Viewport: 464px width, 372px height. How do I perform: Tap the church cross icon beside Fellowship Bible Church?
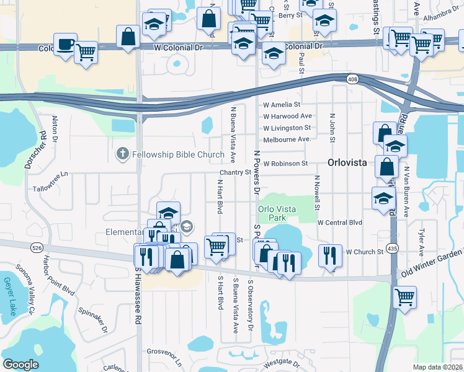tap(123, 154)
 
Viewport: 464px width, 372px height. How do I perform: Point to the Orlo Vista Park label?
tap(275, 213)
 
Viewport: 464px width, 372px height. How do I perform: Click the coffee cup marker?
tap(65, 45)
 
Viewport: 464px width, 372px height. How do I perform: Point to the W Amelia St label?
tap(282, 105)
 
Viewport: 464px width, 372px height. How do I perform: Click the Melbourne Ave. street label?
tap(287, 139)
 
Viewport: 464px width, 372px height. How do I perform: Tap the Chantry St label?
tap(234, 172)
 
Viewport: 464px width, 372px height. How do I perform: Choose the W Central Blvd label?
tap(339, 222)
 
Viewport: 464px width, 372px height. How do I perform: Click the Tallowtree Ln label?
tap(53, 187)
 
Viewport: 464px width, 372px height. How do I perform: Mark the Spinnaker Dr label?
tap(93, 319)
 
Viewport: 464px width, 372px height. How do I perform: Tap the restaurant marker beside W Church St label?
tap(330, 254)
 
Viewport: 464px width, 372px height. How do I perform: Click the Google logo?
tap(20, 365)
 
